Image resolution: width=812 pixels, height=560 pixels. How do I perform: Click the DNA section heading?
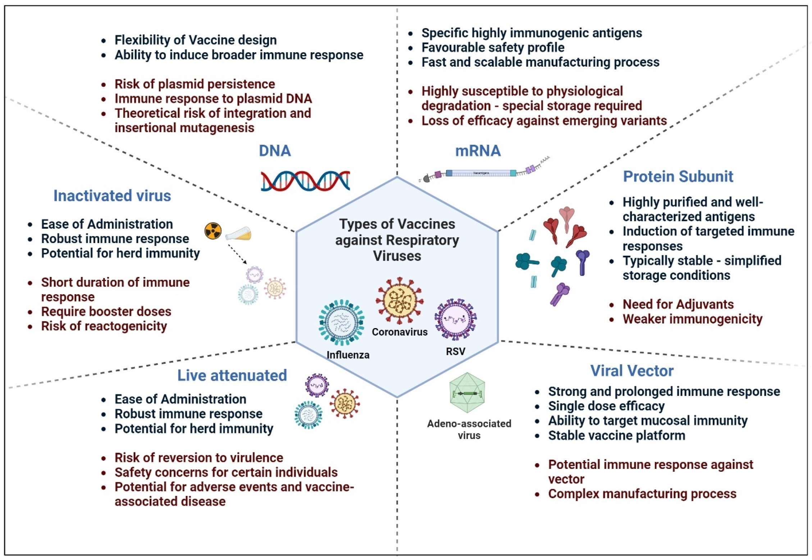[275, 151]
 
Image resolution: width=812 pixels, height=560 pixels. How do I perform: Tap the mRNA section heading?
[478, 151]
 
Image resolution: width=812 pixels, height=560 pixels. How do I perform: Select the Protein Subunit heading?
[678, 176]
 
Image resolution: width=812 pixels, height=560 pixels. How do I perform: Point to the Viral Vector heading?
[631, 371]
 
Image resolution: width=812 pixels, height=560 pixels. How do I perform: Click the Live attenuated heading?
[232, 375]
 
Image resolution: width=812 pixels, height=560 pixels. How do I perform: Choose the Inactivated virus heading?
[112, 196]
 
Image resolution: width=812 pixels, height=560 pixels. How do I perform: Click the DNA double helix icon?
[305, 181]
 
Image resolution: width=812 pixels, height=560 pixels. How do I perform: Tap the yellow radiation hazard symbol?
[213, 231]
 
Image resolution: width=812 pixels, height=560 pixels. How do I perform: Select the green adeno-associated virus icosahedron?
[467, 393]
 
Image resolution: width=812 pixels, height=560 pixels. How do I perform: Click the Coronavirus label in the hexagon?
[399, 332]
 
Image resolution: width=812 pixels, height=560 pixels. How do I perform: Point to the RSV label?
[455, 351]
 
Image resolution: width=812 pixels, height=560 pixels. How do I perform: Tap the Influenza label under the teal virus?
[348, 355]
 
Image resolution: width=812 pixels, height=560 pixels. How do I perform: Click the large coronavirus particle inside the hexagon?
[399, 301]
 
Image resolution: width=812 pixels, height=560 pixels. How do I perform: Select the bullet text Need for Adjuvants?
[678, 304]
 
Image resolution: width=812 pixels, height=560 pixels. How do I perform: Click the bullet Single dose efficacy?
[606, 406]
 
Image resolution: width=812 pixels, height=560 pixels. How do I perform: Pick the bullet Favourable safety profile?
[493, 48]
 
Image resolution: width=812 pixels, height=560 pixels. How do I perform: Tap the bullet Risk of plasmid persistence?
[195, 84]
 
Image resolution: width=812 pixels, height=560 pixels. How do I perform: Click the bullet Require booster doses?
[106, 312]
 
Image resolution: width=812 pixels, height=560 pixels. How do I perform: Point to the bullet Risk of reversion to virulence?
[199, 457]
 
